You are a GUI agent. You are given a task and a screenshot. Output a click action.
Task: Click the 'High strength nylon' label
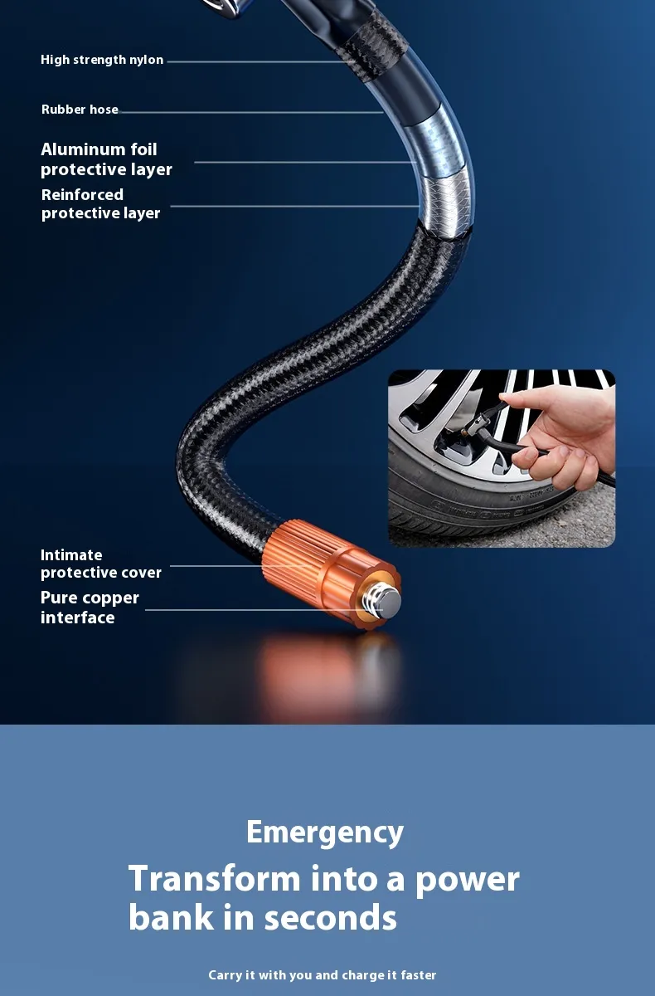click(102, 60)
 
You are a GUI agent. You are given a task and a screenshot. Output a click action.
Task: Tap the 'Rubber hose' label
click(80, 110)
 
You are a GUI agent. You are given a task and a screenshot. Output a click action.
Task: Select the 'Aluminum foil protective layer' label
click(107, 159)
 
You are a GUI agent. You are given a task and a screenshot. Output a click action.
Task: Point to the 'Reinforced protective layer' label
click(101, 203)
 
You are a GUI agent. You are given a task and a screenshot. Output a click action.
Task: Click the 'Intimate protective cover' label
click(101, 564)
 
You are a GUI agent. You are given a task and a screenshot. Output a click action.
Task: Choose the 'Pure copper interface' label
click(90, 608)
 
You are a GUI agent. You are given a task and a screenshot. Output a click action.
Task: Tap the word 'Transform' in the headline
click(215, 879)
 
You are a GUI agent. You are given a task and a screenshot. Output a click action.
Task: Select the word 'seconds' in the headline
click(330, 918)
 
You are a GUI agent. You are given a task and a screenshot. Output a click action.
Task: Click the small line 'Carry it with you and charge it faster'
click(323, 975)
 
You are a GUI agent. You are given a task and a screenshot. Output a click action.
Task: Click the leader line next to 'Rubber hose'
click(251, 112)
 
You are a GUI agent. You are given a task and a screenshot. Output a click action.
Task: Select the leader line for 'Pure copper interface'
click(263, 609)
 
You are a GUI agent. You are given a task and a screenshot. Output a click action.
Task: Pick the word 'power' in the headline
click(467, 881)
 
